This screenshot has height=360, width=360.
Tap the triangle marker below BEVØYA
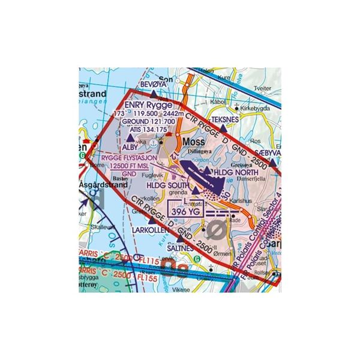tap(155, 94)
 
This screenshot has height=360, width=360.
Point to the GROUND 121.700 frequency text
tap(148, 121)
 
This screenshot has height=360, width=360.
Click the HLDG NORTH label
tap(238, 173)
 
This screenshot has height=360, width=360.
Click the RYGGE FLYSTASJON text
tap(128, 158)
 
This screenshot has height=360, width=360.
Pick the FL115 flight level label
tap(136, 262)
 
